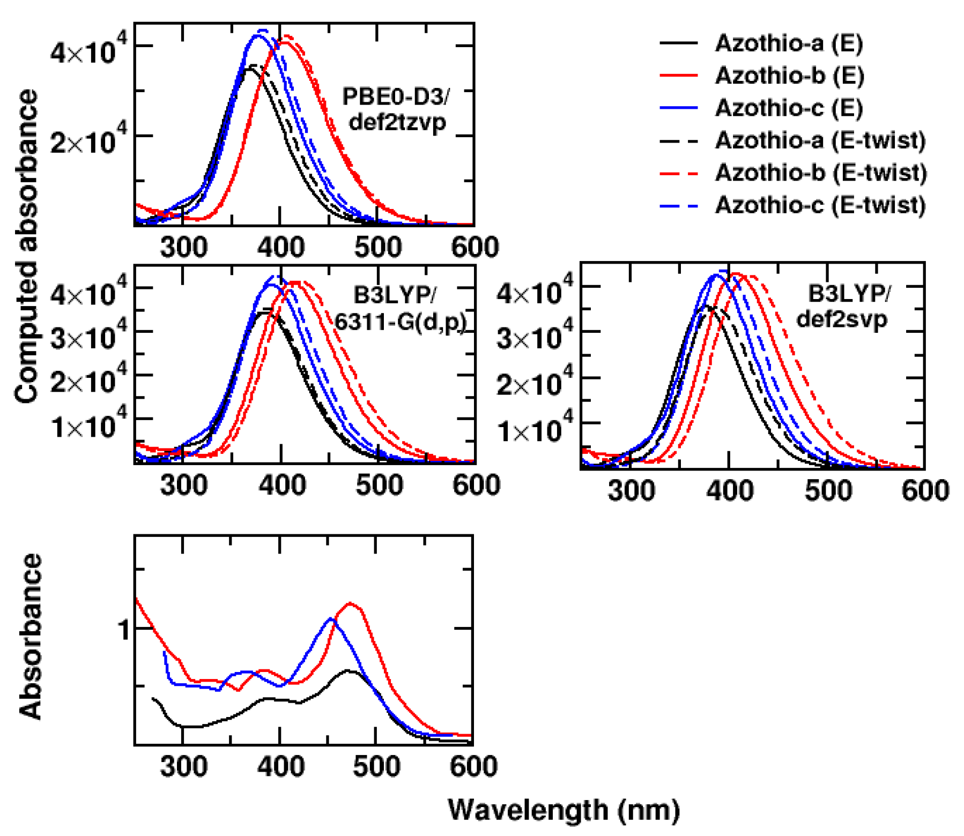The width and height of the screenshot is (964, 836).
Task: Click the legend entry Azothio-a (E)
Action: tap(789, 43)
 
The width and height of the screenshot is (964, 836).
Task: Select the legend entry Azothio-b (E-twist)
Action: tap(820, 173)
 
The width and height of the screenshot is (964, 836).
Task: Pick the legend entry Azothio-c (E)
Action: tap(789, 108)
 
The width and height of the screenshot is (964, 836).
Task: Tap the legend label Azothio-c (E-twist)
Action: tap(820, 205)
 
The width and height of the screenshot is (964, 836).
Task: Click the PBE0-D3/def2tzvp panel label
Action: tap(396, 109)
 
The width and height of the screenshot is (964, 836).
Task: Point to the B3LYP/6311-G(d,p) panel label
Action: tap(399, 309)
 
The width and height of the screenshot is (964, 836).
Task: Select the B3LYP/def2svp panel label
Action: tap(847, 307)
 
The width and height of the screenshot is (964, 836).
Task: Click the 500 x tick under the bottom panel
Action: tap(376, 766)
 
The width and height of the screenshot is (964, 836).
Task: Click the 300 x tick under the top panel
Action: tap(183, 247)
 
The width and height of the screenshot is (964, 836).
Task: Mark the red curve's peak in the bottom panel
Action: tap(351, 603)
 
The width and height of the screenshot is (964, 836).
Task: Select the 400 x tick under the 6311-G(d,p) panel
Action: tap(281, 485)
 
